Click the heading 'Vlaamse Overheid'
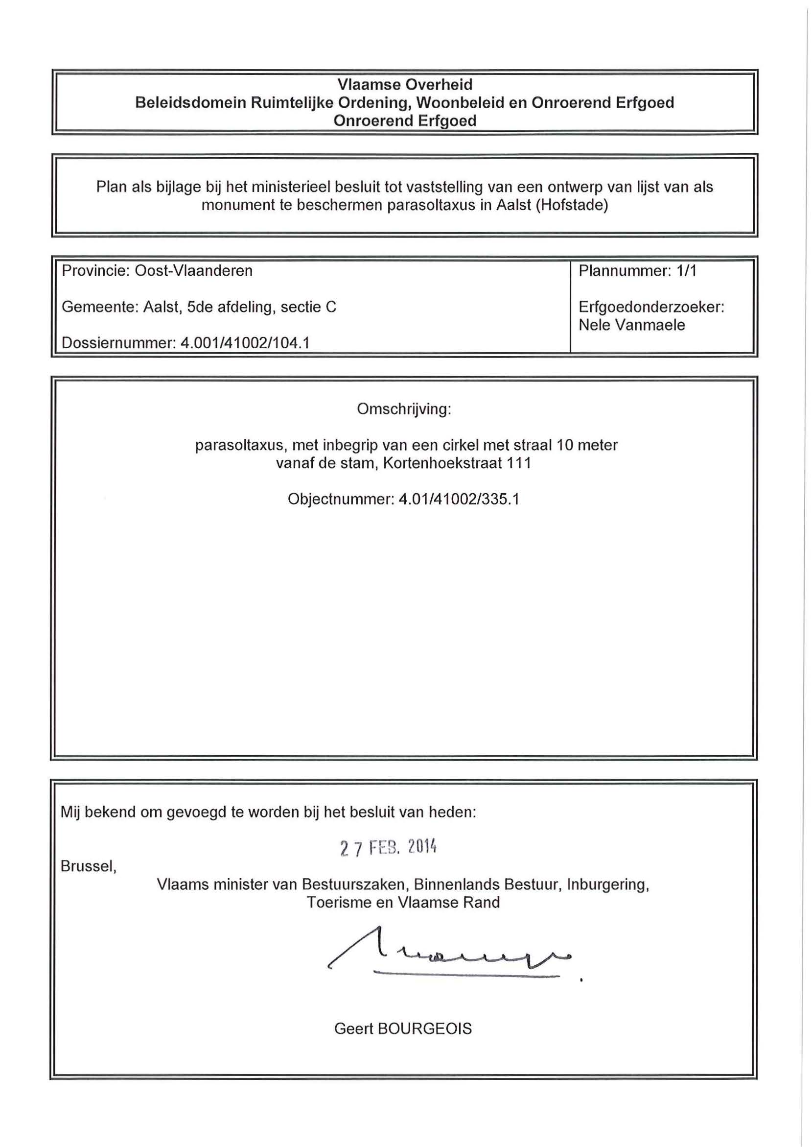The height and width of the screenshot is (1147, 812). (x=404, y=85)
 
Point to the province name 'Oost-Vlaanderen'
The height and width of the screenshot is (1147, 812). (x=193, y=271)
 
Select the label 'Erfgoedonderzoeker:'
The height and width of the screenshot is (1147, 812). (x=651, y=307)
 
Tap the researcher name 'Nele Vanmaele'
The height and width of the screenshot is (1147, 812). (x=631, y=325)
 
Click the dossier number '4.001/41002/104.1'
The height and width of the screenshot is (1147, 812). (x=245, y=343)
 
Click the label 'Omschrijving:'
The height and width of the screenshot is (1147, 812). (x=404, y=408)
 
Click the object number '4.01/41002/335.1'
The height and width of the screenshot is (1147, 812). (x=459, y=499)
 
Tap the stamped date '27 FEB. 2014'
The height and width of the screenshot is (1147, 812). (x=388, y=847)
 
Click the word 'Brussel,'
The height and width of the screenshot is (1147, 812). (x=89, y=866)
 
